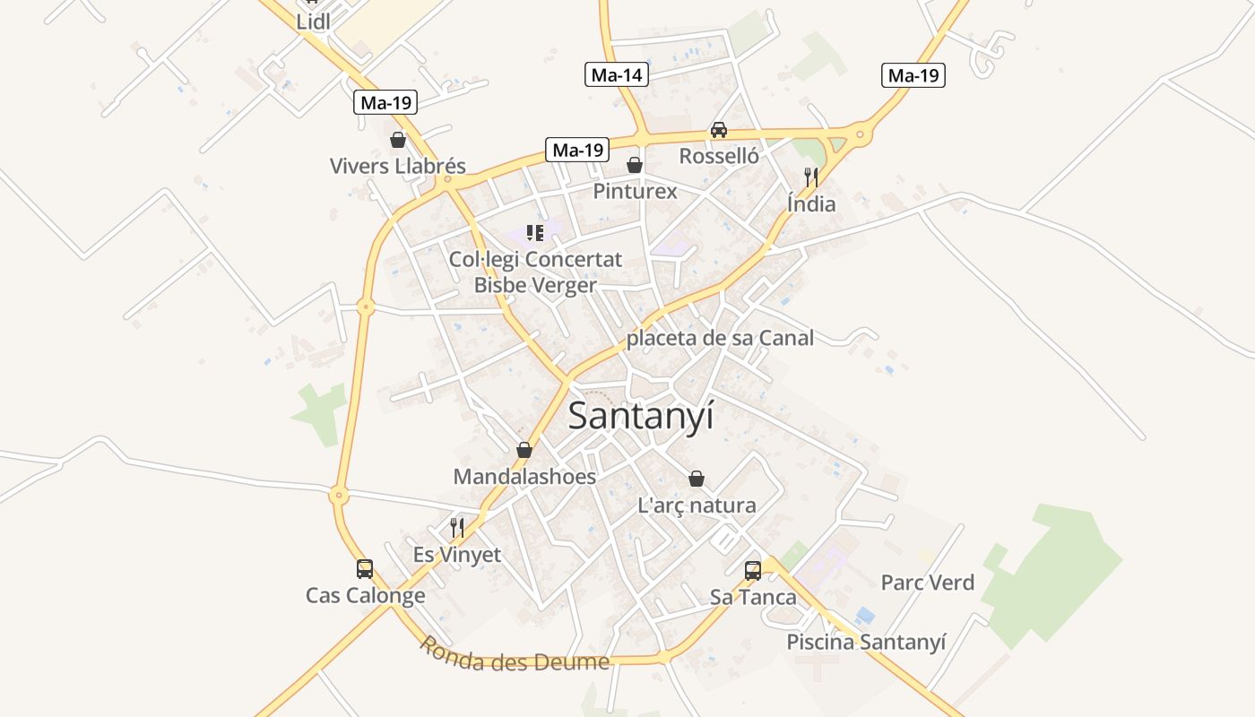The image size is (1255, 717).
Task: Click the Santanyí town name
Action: pyautogui.click(x=641, y=416)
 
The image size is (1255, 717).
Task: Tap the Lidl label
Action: pyautogui.click(x=313, y=22)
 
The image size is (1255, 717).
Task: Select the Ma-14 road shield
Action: pyautogui.click(x=617, y=75)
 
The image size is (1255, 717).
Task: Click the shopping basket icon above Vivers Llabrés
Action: pyautogui.click(x=398, y=140)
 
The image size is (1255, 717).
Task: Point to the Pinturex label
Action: pyautogui.click(x=635, y=191)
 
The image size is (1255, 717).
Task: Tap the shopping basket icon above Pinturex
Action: pyautogui.click(x=635, y=165)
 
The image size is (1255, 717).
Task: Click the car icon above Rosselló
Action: pyautogui.click(x=719, y=130)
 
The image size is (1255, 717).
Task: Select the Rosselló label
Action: pyautogui.click(x=719, y=156)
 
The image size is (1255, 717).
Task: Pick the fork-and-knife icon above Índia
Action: pyautogui.click(x=811, y=177)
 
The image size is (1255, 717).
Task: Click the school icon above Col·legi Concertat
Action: pyautogui.click(x=535, y=234)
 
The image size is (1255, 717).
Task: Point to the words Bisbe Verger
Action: pyautogui.click(x=535, y=285)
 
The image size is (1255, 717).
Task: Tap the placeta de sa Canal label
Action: pyautogui.click(x=720, y=338)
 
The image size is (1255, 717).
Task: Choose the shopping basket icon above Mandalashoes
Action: pyautogui.click(x=524, y=450)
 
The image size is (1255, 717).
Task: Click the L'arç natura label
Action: pyautogui.click(x=697, y=505)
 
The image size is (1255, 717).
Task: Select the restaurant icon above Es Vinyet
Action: pyautogui.click(x=457, y=528)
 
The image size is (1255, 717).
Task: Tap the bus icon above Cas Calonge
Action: pyautogui.click(x=365, y=569)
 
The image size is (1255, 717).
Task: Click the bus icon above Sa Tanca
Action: pyautogui.click(x=753, y=571)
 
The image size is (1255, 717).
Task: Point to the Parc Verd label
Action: pyautogui.click(x=927, y=583)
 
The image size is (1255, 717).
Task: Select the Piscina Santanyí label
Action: pyautogui.click(x=866, y=642)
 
